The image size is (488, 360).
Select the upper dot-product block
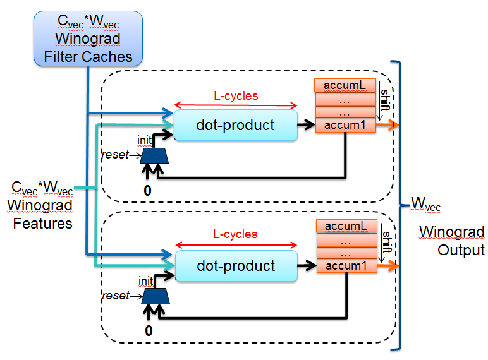click(235, 125)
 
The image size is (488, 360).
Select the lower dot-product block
click(235, 266)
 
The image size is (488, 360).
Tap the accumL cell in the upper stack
click(345, 85)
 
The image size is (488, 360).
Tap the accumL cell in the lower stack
click(345, 226)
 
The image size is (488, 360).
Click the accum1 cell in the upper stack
click(345, 125)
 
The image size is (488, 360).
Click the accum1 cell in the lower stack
click(345, 267)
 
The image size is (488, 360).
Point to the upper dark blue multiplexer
click(154, 155)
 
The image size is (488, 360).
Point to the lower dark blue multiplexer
click(154, 296)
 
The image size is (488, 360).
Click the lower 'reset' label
click(116, 296)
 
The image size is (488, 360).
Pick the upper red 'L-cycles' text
click(235, 97)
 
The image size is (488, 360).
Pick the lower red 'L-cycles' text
click(235, 234)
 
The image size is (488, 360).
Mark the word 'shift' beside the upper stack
click(385, 100)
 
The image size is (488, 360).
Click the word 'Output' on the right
click(461, 250)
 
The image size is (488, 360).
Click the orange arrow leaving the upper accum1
click(388, 126)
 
